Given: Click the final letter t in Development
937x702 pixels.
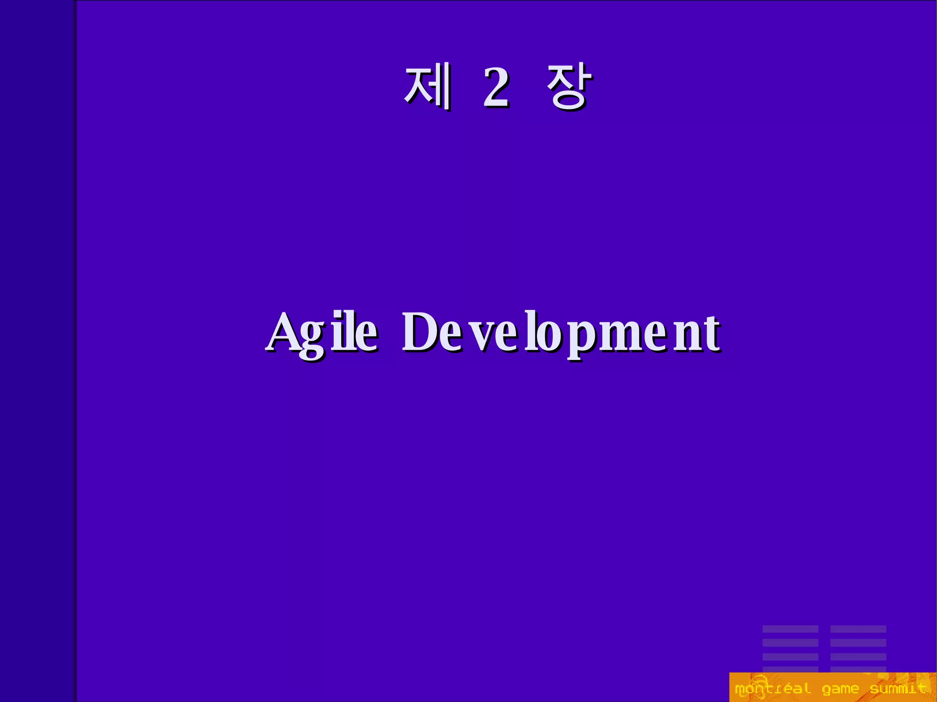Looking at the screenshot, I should tap(711, 333).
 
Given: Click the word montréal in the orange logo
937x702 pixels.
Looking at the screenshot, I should tap(772, 689).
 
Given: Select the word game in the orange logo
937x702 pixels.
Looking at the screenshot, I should tap(840, 689).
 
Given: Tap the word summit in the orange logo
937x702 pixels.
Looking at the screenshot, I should tap(898, 689).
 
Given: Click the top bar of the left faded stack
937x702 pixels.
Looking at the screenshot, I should tap(790, 629).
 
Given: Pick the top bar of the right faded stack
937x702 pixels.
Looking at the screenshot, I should tap(858, 629).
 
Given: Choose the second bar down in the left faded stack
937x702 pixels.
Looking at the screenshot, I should tap(790, 643).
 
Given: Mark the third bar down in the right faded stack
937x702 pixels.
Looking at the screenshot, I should tap(858, 657).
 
